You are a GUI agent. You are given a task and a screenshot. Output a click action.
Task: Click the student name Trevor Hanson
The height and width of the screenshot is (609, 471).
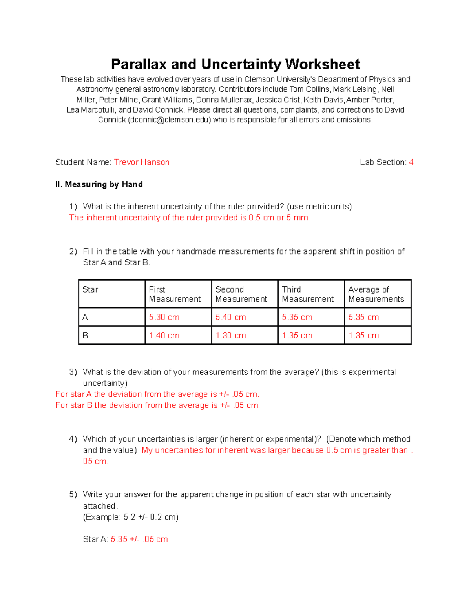pos(142,162)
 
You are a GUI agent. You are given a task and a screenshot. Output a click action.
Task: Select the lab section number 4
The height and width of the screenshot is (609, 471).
pos(411,162)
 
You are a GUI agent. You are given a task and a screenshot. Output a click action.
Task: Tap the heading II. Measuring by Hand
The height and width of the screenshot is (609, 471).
pos(99,184)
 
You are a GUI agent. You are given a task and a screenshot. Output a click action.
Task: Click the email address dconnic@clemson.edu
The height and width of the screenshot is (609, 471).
pos(170,120)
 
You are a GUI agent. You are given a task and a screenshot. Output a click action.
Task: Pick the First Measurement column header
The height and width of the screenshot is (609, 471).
pos(175,294)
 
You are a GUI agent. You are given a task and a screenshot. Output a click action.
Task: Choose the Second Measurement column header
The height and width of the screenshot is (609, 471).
pos(241,294)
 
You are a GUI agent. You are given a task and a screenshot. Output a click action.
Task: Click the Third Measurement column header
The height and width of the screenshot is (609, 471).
pos(308,294)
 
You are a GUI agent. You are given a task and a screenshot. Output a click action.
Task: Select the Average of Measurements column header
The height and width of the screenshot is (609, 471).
pos(376,294)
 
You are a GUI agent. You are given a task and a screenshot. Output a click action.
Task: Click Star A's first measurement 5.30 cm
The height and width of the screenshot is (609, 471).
pos(164,317)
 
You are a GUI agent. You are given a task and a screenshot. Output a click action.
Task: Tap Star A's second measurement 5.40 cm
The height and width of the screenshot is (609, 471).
pos(231,317)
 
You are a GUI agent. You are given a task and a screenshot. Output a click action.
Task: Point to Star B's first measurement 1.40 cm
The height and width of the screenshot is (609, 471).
pos(164,336)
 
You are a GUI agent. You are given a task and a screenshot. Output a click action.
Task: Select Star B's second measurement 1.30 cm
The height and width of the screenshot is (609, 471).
pos(231,336)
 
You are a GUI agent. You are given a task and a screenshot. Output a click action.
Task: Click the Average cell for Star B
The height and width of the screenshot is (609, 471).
pos(363,336)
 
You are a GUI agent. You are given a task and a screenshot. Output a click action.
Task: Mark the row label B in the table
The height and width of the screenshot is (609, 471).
pos(85,336)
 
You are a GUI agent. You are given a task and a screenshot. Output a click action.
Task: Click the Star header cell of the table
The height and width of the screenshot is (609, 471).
pos(90,290)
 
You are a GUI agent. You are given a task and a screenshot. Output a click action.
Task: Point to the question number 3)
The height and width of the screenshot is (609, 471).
pos(73,372)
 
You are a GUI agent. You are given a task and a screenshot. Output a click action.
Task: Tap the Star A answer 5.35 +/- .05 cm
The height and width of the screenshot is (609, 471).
pos(139,540)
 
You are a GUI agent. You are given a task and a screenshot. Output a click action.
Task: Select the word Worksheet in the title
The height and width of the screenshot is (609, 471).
pos(323,64)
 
